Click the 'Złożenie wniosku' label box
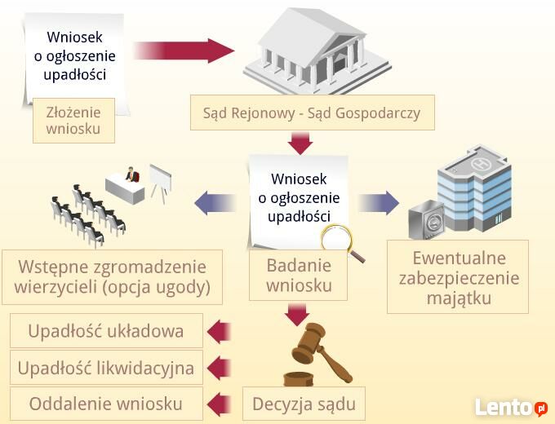(x=73, y=121)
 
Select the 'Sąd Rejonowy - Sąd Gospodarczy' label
(x=312, y=113)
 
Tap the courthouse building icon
(x=317, y=51)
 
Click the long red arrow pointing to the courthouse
(x=184, y=51)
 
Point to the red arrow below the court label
(x=300, y=144)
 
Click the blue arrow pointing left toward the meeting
(x=215, y=203)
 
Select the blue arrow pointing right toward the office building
(x=379, y=203)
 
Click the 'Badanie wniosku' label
(x=299, y=276)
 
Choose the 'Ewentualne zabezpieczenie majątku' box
(x=458, y=277)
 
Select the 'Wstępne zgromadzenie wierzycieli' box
(x=112, y=277)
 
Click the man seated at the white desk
(x=132, y=174)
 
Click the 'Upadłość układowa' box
(x=106, y=331)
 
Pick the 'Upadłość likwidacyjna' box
(x=106, y=368)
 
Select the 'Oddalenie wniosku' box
(x=106, y=404)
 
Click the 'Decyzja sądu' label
(x=304, y=404)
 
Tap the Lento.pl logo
(x=511, y=408)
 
